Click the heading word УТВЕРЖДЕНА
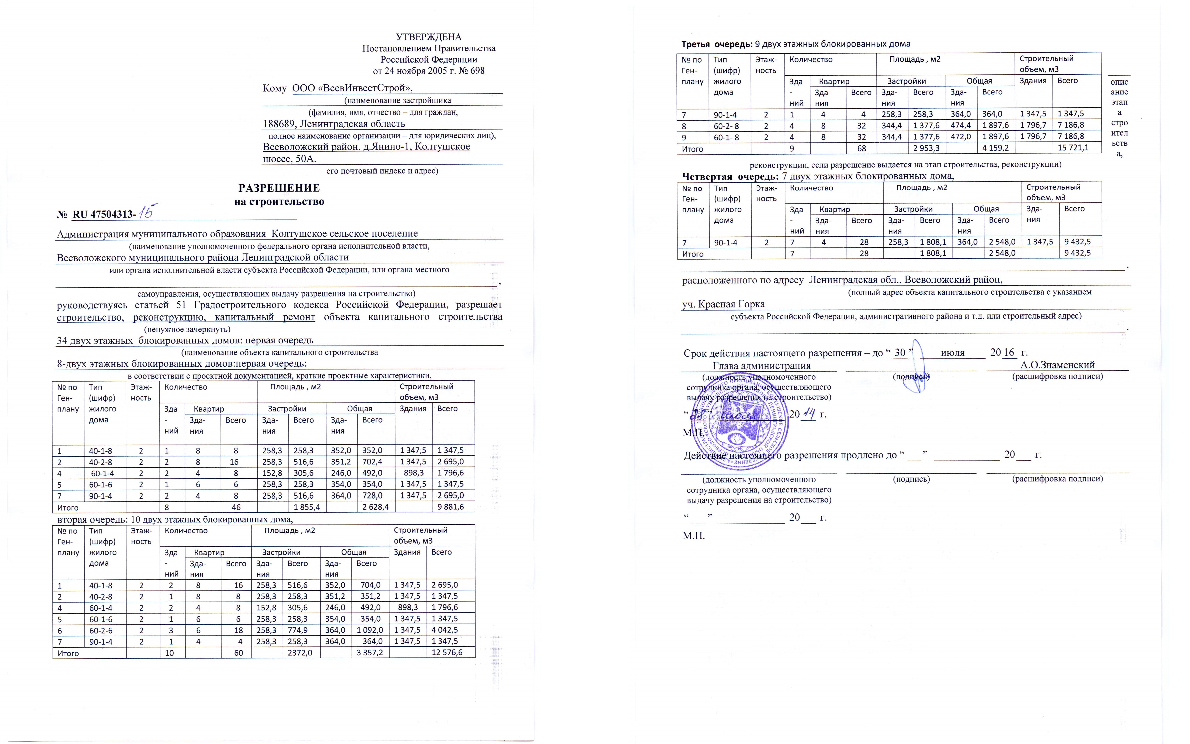[429, 37]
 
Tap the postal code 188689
[279, 123]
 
